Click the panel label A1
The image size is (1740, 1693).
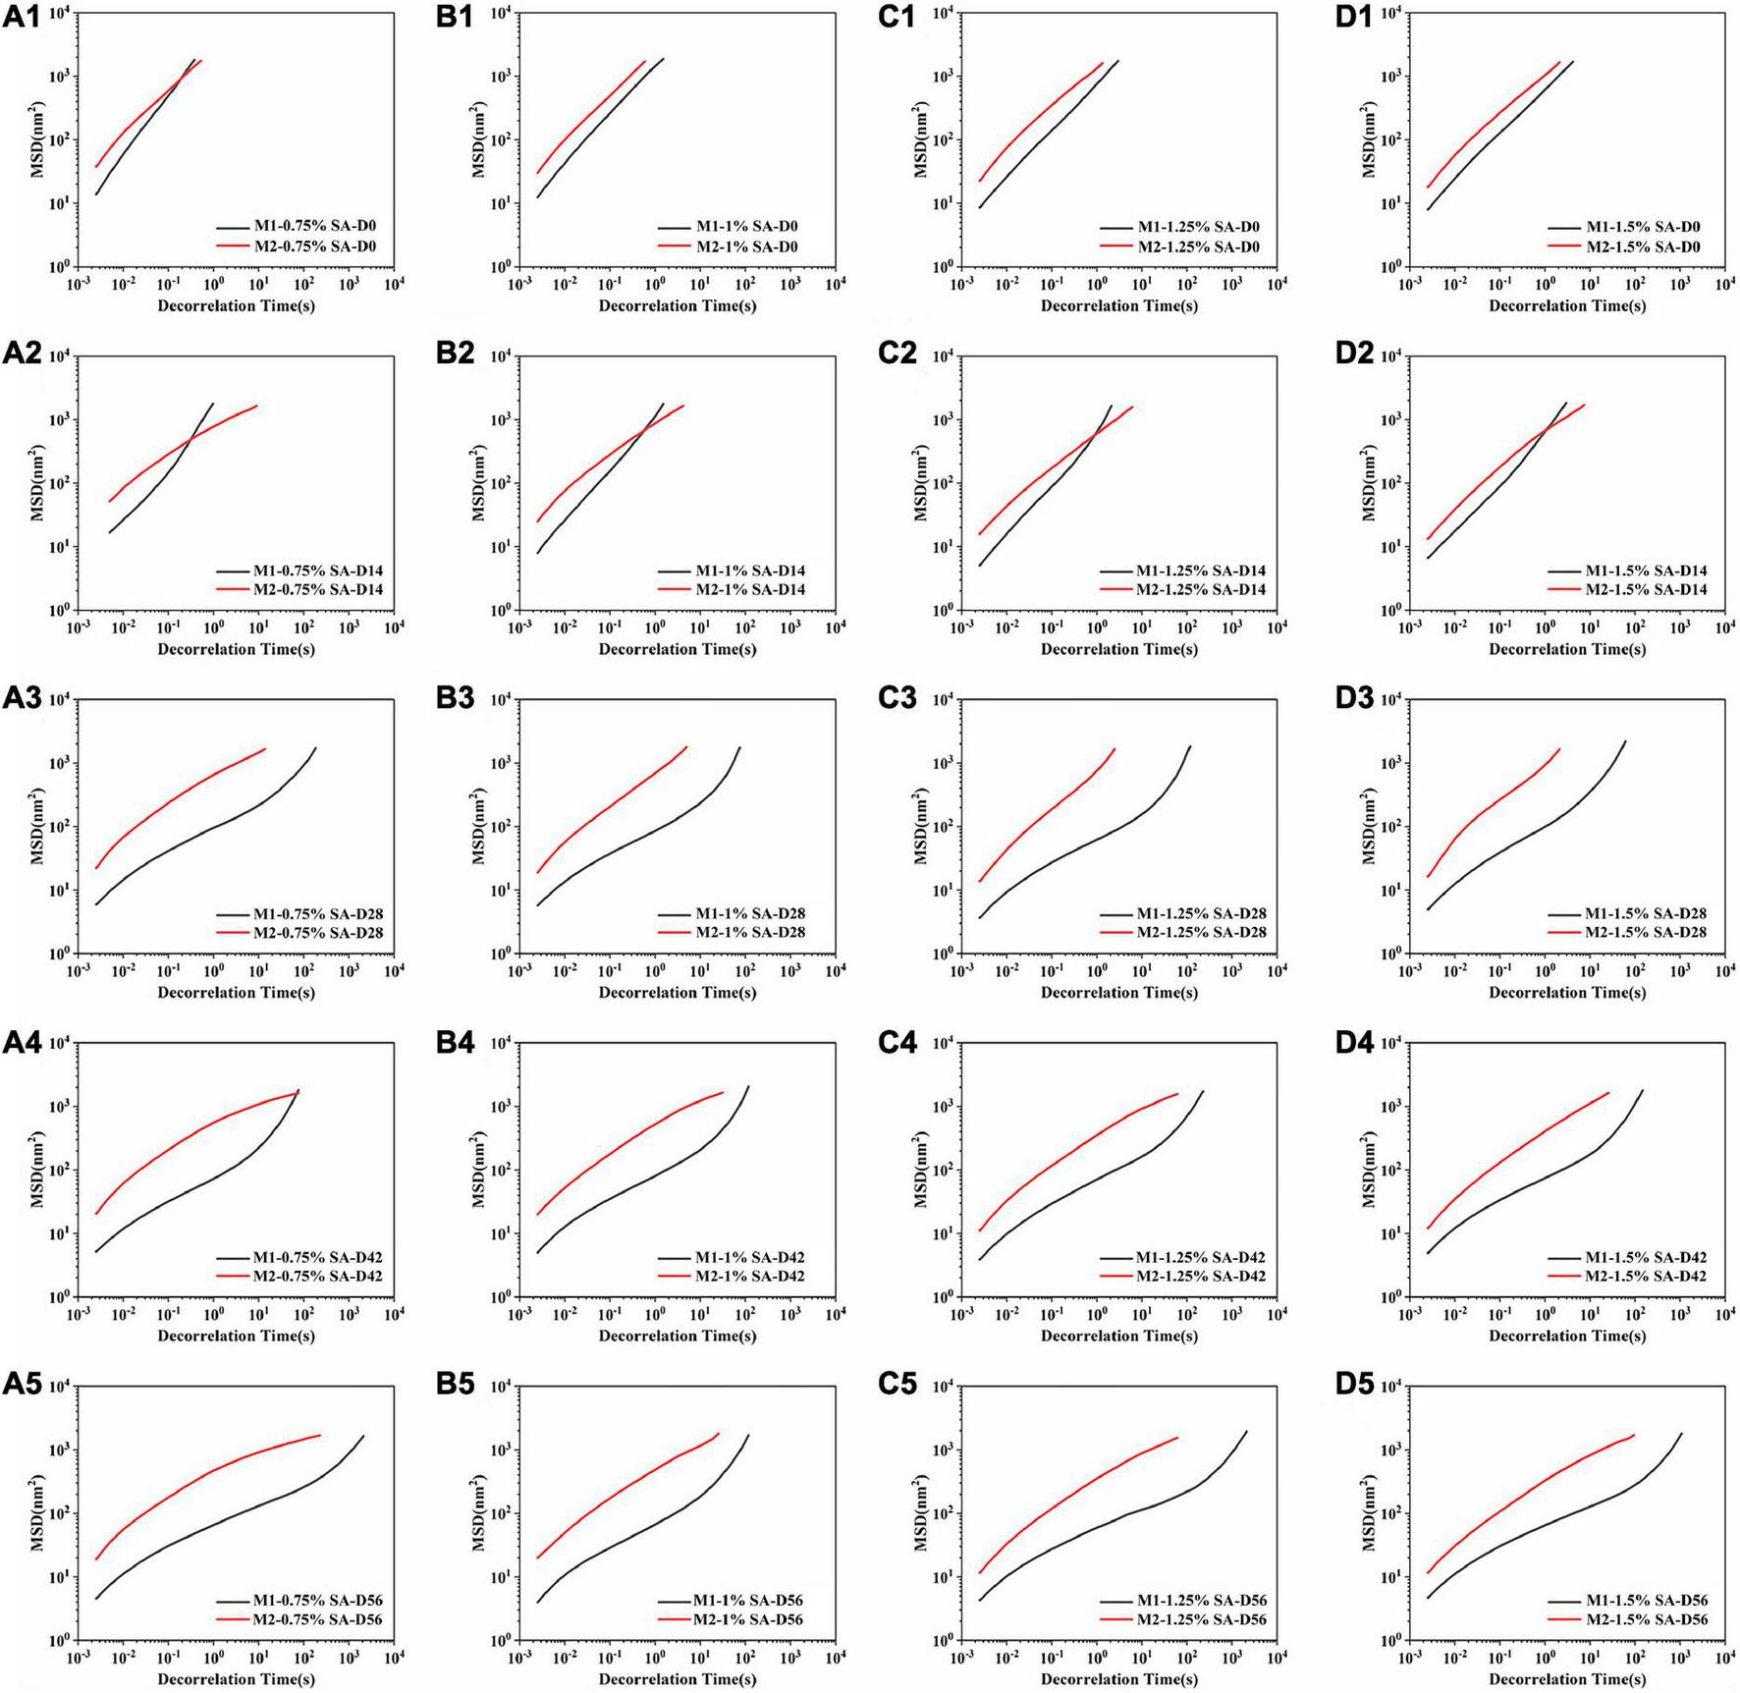tap(22, 19)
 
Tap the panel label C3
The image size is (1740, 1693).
tap(897, 698)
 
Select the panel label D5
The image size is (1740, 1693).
tap(1354, 1385)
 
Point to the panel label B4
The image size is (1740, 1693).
tap(456, 1042)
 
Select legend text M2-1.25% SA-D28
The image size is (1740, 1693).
tap(1202, 932)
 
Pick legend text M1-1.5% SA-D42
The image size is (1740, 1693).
tap(1646, 1257)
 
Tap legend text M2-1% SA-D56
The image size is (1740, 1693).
tap(748, 1618)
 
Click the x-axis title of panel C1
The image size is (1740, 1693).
tap(1118, 305)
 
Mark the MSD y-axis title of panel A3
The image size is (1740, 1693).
tap(37, 825)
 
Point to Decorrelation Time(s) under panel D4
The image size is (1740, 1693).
tap(1566, 1336)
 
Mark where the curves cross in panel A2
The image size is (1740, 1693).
tap(188, 437)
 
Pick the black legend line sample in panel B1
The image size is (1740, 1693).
tap(674, 227)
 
